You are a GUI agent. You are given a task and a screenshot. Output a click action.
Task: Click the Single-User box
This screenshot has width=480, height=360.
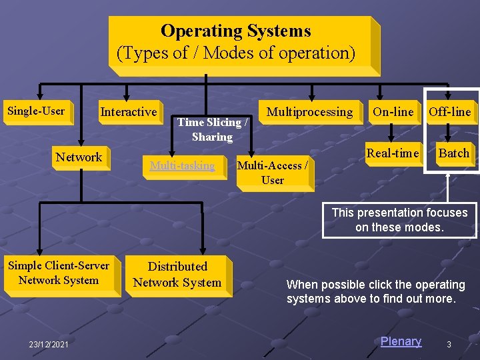[x=36, y=111]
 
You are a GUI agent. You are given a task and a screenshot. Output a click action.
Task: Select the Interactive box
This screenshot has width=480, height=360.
[x=129, y=112]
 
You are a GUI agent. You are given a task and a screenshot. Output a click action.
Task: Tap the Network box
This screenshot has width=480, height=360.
[x=79, y=157]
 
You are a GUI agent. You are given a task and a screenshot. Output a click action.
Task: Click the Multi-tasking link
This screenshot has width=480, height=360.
[x=182, y=165]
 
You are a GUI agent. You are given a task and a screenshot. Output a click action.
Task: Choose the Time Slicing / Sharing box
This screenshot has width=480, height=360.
[x=213, y=129]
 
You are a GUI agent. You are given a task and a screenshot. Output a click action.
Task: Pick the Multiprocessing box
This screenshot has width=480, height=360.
[x=309, y=112]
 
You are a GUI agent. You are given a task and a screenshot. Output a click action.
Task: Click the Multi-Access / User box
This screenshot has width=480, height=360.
[x=273, y=173]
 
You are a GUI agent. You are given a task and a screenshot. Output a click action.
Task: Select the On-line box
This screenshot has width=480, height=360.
[x=393, y=112]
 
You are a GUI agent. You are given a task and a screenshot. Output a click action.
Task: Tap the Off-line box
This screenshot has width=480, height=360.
[x=450, y=112]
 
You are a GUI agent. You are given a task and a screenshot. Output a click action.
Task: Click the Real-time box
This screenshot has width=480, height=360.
[x=393, y=153]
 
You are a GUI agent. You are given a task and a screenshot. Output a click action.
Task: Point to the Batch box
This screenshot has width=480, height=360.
[x=454, y=153]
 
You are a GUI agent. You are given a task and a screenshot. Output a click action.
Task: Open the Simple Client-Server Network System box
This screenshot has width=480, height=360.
[x=59, y=273]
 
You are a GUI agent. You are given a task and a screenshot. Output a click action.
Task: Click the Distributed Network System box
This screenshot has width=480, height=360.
[x=177, y=275]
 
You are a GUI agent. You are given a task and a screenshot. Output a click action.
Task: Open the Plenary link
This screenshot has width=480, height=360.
[x=401, y=341]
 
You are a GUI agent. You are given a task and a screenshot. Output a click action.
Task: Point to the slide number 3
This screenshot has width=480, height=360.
[x=449, y=344]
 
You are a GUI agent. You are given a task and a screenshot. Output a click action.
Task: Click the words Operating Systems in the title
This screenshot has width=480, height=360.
[x=235, y=31]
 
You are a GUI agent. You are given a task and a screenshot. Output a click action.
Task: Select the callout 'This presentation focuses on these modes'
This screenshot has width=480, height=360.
[x=399, y=220]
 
